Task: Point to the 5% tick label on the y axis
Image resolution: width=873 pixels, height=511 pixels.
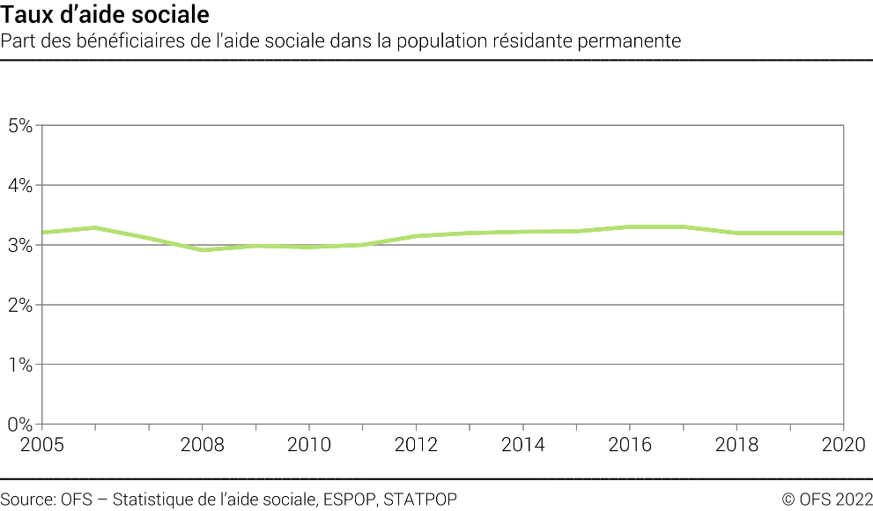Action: [20, 125]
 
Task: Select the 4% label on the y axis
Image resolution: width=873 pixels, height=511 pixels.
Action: [20, 185]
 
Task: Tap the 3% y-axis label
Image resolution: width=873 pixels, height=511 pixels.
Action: [20, 245]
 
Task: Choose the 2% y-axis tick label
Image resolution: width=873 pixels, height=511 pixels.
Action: [20, 305]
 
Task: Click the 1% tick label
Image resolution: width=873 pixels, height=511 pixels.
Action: [20, 364]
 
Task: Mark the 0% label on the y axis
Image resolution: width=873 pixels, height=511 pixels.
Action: [20, 424]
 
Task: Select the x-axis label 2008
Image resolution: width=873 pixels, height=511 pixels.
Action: [203, 444]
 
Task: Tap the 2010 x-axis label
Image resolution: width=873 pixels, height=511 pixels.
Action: [309, 444]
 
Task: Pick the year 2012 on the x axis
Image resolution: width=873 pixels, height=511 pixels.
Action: [417, 444]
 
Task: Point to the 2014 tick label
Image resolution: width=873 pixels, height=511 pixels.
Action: [523, 444]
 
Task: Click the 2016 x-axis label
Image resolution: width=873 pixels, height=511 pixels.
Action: [631, 444]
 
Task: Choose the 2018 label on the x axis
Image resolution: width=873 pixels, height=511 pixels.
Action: [737, 444]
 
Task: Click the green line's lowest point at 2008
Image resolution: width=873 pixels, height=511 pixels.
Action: [203, 250]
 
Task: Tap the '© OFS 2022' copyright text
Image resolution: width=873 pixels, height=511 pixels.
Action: [826, 500]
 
